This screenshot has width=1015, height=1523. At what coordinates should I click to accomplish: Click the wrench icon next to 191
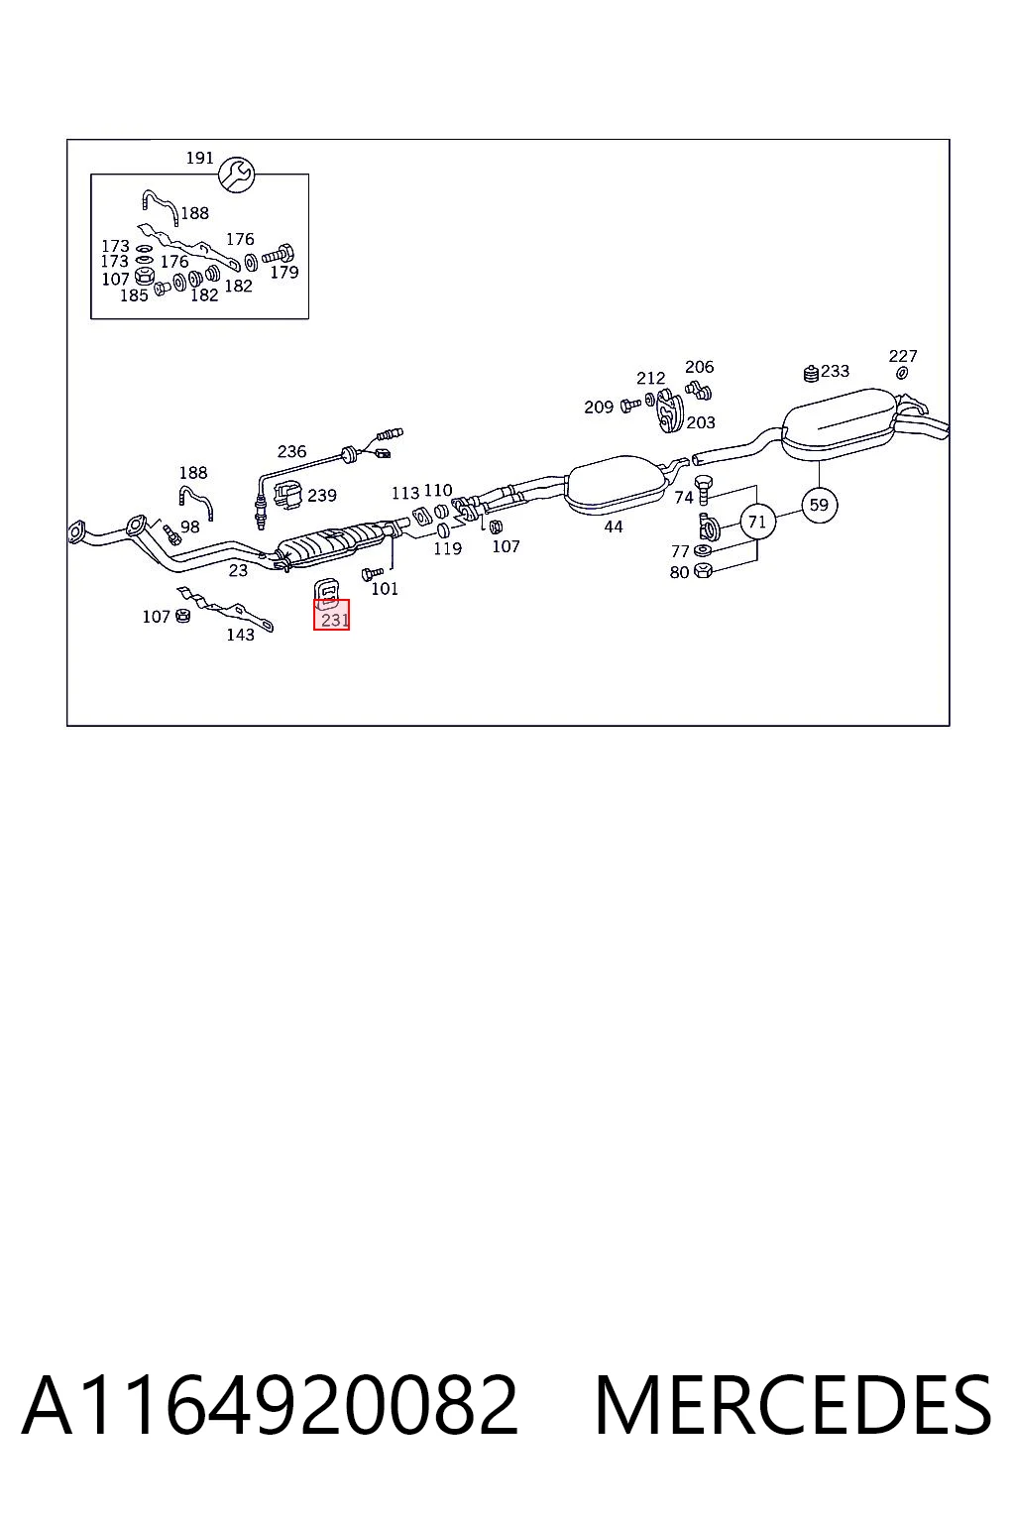click(x=236, y=175)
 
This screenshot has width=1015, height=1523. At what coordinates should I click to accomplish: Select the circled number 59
click(x=819, y=505)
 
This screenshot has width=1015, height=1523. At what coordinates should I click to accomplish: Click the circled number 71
click(x=757, y=523)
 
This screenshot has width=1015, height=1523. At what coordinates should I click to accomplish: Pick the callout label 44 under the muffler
click(x=614, y=527)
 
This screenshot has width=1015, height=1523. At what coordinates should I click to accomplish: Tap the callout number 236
click(x=291, y=451)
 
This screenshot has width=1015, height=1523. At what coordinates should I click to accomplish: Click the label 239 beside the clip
click(x=322, y=496)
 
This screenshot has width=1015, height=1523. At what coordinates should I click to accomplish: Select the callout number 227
click(x=903, y=356)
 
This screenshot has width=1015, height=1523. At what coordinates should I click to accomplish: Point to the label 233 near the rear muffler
click(x=835, y=371)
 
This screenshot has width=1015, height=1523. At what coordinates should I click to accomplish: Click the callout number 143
click(x=241, y=635)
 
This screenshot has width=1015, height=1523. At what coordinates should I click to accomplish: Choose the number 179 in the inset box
click(x=284, y=272)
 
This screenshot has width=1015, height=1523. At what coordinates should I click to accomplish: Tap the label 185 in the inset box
click(x=134, y=295)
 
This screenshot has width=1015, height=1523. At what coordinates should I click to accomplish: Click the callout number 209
click(x=599, y=408)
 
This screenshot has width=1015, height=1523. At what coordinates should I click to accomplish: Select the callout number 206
click(x=700, y=367)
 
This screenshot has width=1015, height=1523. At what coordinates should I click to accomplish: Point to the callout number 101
click(x=385, y=589)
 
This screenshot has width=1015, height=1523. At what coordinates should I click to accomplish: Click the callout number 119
click(x=448, y=548)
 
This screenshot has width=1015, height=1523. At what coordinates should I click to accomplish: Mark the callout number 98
click(x=190, y=527)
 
